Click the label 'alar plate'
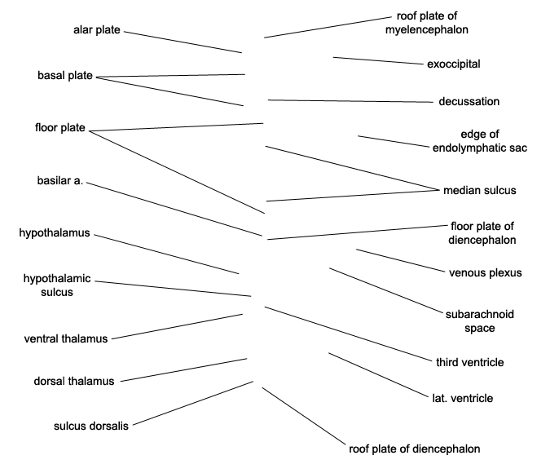pos(97,30)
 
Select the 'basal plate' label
pos(65,76)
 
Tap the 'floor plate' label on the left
pos(60,127)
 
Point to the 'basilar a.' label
pos(60,180)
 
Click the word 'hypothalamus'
pos(55,232)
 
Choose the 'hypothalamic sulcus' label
pos(57,285)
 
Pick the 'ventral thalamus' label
pos(66,339)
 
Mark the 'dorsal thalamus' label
pos(74,382)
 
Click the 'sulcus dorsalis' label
pos(91,426)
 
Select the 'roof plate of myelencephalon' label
pos(427,23)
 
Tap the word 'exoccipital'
pos(454,64)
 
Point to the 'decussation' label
pos(469,101)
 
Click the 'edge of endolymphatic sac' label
pos(480,141)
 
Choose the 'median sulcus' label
pos(480,190)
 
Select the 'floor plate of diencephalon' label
pos(482,233)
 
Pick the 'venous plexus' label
pos(486,273)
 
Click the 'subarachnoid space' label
pos(480,321)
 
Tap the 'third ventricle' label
pos(470,362)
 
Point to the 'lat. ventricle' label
pos(463,398)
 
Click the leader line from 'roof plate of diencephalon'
pos(304,416)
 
